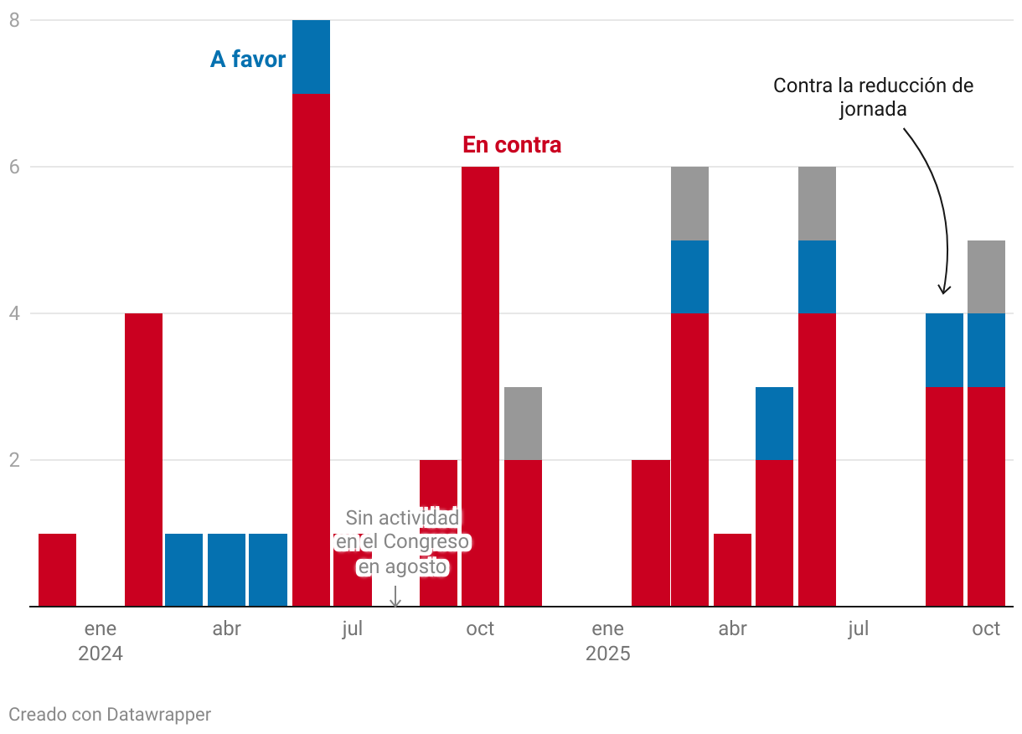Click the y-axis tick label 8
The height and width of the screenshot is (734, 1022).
14,20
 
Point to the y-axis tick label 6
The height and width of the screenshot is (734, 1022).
14,167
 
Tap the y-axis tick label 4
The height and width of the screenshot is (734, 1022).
14,313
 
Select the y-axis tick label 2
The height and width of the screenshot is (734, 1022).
14,460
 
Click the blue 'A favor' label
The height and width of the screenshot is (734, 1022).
248,59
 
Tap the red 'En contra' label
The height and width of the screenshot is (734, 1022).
512,145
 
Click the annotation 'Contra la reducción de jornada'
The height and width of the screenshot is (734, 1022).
873,97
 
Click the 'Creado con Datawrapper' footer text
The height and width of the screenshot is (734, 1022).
110,715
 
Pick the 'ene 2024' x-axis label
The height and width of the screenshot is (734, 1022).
101,641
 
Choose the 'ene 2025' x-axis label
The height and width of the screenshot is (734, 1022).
607,641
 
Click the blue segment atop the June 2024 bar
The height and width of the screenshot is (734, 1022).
311,57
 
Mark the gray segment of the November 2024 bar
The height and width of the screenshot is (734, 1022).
523,423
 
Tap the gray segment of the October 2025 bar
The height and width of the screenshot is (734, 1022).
986,277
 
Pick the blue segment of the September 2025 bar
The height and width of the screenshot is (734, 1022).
944,349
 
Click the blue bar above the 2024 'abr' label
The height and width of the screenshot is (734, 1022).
226,570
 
